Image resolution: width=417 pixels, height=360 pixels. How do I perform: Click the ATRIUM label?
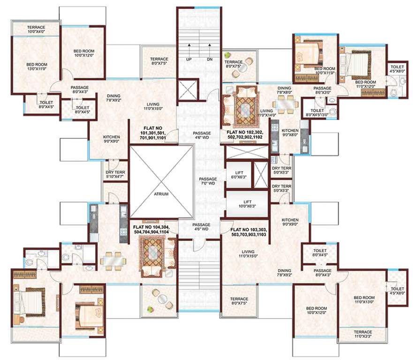(x=161, y=194)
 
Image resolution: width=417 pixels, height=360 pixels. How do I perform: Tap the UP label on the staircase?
(x=189, y=60)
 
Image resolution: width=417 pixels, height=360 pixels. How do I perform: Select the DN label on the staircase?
(x=209, y=60)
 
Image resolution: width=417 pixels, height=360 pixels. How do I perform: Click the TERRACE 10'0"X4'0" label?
(x=36, y=30)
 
